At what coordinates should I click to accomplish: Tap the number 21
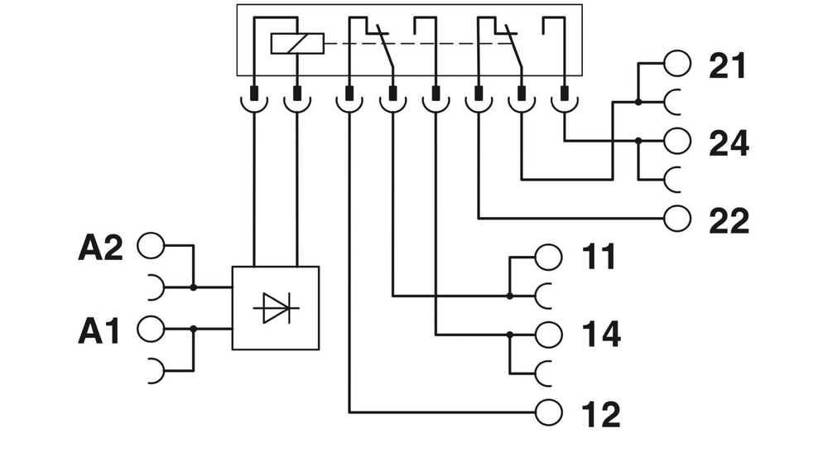click(728, 66)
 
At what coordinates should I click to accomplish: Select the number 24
click(729, 143)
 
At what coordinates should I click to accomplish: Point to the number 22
click(729, 220)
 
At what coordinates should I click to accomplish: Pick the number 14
click(600, 335)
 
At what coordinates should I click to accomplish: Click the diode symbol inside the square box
click(276, 308)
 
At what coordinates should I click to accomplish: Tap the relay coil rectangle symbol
click(297, 43)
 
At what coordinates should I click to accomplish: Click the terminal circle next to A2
click(151, 245)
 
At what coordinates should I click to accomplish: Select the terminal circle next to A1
click(151, 328)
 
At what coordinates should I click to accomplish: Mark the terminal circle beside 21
click(677, 63)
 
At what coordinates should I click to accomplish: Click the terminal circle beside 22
click(677, 218)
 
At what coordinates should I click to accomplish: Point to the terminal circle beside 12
click(549, 411)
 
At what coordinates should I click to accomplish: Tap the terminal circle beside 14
click(549, 335)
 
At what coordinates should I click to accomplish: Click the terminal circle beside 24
click(677, 141)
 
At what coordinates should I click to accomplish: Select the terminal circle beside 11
click(549, 257)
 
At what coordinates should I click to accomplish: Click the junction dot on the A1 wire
click(193, 329)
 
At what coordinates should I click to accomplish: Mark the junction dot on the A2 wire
click(193, 287)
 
